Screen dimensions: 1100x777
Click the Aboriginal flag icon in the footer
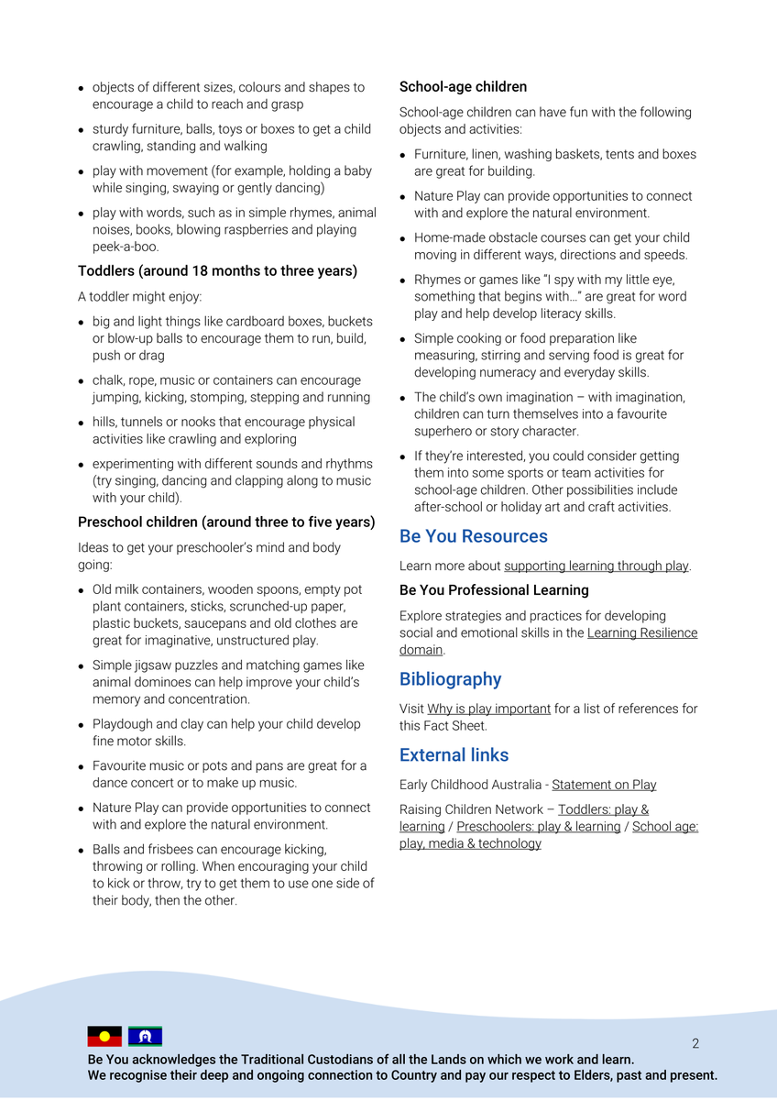104,1037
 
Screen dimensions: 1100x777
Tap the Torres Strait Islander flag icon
145,1037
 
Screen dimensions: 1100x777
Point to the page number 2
695,1043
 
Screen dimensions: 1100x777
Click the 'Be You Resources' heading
473,536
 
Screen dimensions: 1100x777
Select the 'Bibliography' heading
450,679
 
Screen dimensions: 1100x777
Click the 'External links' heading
454,755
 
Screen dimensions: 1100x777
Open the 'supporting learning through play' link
596,566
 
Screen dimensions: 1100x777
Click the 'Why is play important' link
488,709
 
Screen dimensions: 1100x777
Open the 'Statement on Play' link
604,785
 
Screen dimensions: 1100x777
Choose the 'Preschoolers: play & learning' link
539,827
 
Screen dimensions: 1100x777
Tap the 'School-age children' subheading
463,87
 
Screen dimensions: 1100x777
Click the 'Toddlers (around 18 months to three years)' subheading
217,271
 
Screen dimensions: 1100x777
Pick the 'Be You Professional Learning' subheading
494,590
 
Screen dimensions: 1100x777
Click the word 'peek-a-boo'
124,247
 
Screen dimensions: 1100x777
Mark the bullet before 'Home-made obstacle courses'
404,239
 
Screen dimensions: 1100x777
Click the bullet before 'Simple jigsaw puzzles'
82,666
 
